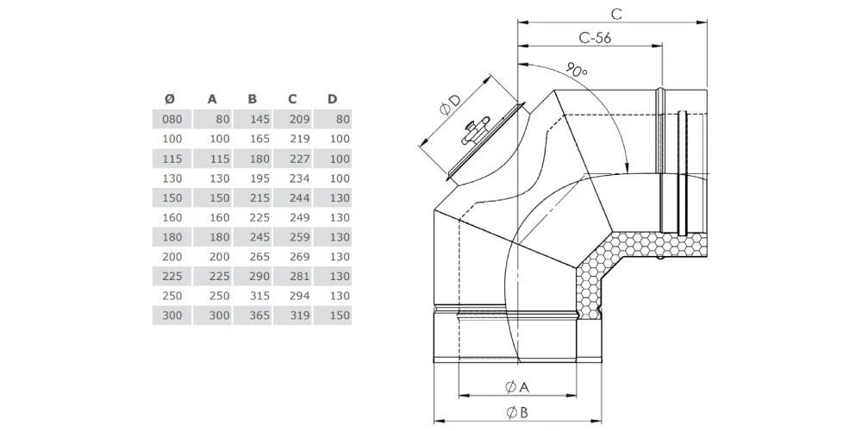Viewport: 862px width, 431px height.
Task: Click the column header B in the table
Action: point(252,99)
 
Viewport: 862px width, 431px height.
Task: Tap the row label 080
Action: point(172,120)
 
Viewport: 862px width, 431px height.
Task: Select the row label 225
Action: point(172,277)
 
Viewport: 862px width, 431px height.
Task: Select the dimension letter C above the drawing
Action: point(615,13)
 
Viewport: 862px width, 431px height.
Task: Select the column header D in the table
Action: point(332,99)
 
